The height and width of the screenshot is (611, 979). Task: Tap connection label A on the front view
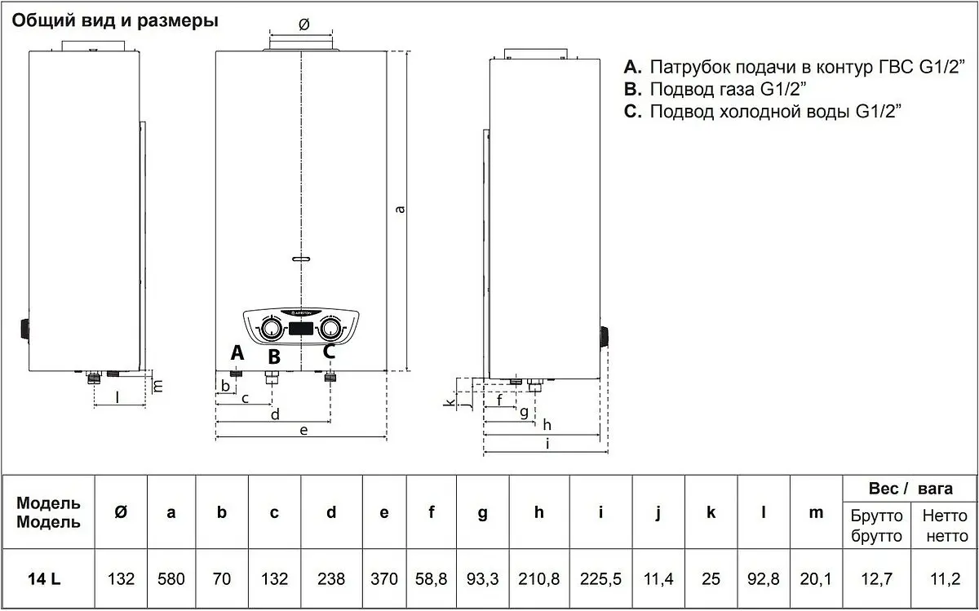tap(237, 352)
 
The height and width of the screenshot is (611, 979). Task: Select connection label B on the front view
tap(274, 356)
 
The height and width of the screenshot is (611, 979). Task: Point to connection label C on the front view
tap(329, 352)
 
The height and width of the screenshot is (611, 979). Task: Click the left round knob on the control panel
tap(268, 329)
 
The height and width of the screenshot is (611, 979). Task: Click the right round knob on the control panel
tap(330, 329)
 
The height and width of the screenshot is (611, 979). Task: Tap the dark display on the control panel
tap(299, 330)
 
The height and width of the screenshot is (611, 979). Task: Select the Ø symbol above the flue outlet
tap(303, 24)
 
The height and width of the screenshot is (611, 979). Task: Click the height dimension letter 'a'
tap(400, 209)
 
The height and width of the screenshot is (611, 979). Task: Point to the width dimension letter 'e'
tap(303, 430)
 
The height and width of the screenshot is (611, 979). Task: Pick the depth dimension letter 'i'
tap(547, 444)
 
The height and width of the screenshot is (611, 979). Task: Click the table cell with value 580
tap(171, 579)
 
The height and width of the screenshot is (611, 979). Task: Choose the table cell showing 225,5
tap(600, 579)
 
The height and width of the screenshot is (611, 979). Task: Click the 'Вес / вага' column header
tap(910, 489)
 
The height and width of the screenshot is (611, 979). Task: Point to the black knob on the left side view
tap(23, 330)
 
